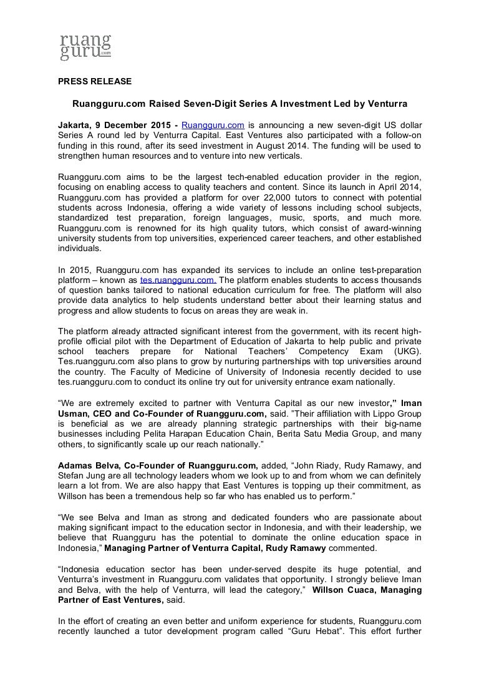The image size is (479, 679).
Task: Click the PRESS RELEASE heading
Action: (x=94, y=81)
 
